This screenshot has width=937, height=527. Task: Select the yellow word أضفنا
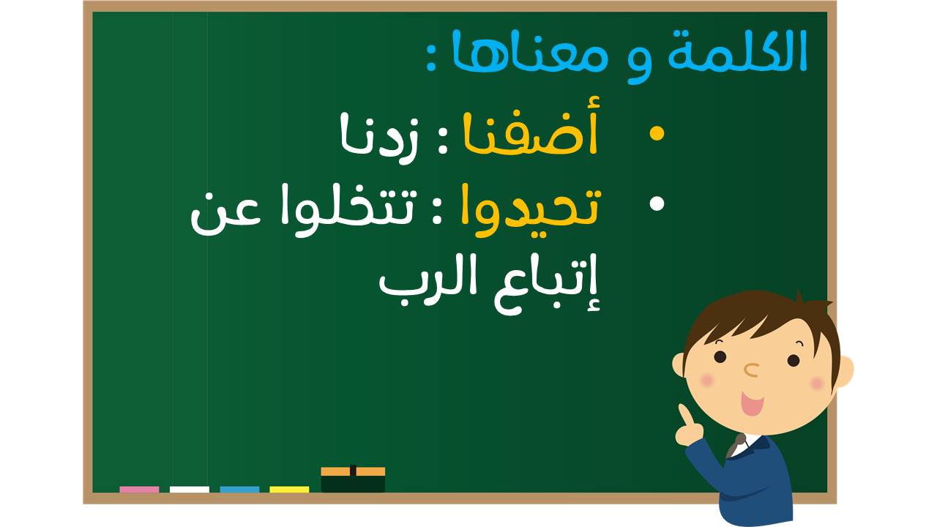pyautogui.click(x=531, y=127)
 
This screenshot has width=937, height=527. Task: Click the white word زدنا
pyautogui.click(x=378, y=137)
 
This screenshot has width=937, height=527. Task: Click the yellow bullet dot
pyautogui.click(x=657, y=133)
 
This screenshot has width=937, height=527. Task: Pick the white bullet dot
pyautogui.click(x=657, y=203)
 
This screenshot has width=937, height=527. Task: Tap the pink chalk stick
pyautogui.click(x=139, y=490)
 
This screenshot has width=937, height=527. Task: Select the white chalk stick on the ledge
pyautogui.click(x=190, y=490)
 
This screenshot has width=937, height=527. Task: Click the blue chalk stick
pyautogui.click(x=239, y=490)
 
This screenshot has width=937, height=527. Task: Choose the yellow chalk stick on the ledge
pyautogui.click(x=289, y=490)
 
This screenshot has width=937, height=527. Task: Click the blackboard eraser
pyautogui.click(x=353, y=479)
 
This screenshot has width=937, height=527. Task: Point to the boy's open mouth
pyautogui.click(x=752, y=403)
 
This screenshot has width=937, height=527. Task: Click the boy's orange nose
pyautogui.click(x=752, y=370)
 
